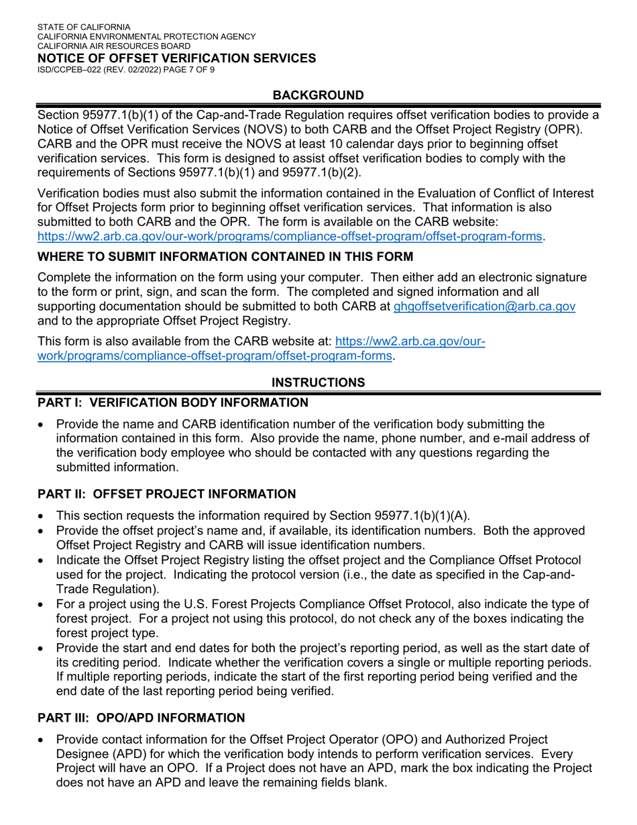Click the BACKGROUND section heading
[x=318, y=95]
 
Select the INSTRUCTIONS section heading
[x=318, y=382]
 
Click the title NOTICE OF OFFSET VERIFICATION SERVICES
[x=176, y=58]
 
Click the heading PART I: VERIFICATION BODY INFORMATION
[x=173, y=402]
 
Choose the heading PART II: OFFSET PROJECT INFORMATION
[x=166, y=494]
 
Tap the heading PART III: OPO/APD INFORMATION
[x=141, y=718]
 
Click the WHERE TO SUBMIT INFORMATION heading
[x=225, y=256]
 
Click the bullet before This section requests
[x=42, y=516]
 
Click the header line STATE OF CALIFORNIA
[x=84, y=27]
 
